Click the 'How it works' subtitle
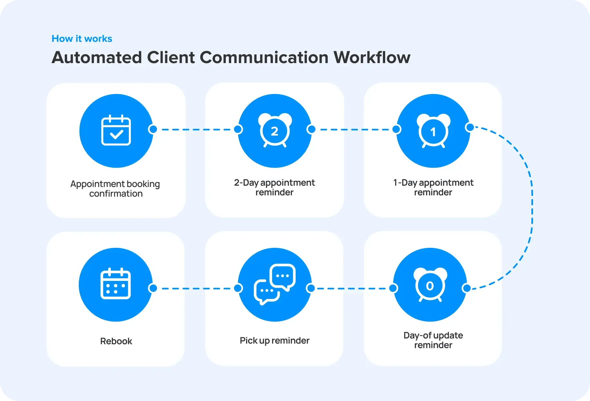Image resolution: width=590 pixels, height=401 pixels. (x=82, y=39)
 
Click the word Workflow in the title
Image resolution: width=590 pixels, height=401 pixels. (x=372, y=58)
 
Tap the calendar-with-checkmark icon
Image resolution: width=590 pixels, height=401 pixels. (x=116, y=130)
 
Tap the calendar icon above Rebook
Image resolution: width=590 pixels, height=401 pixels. (x=116, y=284)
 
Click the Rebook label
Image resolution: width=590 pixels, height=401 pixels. (x=116, y=341)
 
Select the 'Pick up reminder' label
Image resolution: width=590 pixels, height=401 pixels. (x=274, y=340)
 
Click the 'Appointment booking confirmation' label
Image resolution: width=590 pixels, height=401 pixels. (x=115, y=189)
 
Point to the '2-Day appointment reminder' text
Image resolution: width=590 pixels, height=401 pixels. (x=274, y=187)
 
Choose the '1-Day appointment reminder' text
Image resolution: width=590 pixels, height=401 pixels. (x=433, y=187)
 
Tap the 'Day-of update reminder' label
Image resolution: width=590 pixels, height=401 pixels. (x=433, y=340)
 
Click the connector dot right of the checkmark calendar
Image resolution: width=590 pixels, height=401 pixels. (x=153, y=129)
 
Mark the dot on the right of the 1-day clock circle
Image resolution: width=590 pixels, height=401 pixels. (x=470, y=127)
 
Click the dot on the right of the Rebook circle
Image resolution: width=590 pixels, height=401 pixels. (x=153, y=288)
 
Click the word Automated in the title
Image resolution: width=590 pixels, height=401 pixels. (x=97, y=58)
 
